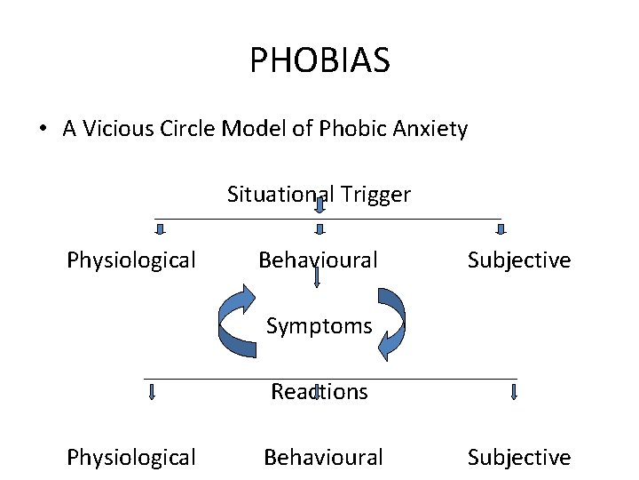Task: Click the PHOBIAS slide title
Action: pyautogui.click(x=319, y=61)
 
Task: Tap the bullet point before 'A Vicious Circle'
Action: pyautogui.click(x=43, y=130)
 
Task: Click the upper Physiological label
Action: pyautogui.click(x=131, y=260)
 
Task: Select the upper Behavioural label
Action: pyautogui.click(x=318, y=260)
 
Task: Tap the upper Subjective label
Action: pyautogui.click(x=519, y=260)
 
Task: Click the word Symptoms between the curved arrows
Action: pyautogui.click(x=319, y=326)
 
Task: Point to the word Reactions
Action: pyautogui.click(x=319, y=392)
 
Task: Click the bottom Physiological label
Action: pyautogui.click(x=131, y=458)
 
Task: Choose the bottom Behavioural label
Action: pyautogui.click(x=323, y=458)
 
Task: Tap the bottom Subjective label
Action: pyautogui.click(x=519, y=458)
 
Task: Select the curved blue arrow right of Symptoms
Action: pyautogui.click(x=393, y=322)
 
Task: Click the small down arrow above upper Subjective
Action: pyautogui.click(x=501, y=230)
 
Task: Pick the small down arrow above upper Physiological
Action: pyautogui.click(x=161, y=230)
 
